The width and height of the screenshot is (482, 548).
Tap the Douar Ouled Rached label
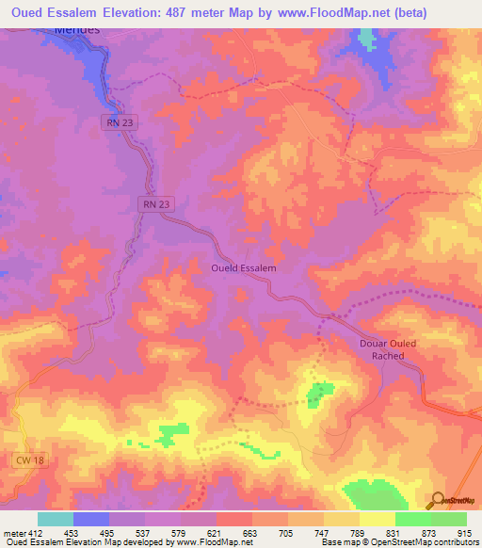pos(394,349)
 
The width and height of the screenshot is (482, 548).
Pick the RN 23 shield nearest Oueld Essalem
pos(157,203)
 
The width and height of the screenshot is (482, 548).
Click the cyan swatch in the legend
pos(56,519)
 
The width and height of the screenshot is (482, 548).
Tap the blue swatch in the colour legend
pos(91,519)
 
